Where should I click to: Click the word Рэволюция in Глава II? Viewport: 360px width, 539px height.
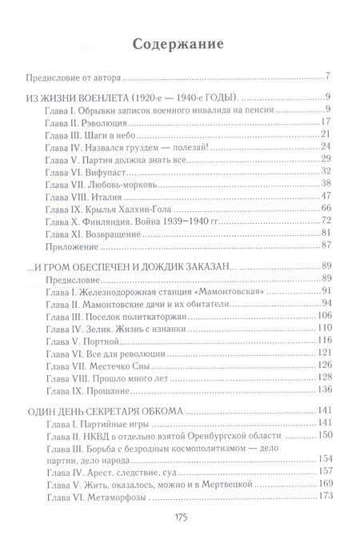click(x=102, y=122)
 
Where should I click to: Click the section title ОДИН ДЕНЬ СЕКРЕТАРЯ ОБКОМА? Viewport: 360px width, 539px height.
click(x=106, y=411)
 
